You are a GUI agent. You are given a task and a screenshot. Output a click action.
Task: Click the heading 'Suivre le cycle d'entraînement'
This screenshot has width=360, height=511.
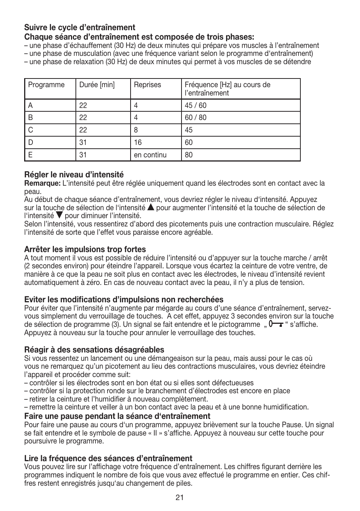pyautogui.click(x=80, y=28)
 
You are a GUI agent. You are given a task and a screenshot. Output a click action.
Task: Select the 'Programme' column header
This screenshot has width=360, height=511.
pyautogui.click(x=46, y=85)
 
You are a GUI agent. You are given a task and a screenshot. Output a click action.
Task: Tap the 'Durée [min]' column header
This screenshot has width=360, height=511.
pyautogui.click(x=97, y=85)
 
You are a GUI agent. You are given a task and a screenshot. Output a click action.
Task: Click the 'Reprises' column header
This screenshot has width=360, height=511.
pyautogui.click(x=147, y=85)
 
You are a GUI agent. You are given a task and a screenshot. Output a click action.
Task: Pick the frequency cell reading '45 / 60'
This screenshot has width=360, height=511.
pyautogui.click(x=195, y=106)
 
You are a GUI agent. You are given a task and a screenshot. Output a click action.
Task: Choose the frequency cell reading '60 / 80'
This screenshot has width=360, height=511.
pyautogui.click(x=195, y=118)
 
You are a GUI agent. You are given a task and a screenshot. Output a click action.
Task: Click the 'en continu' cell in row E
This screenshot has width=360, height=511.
pyautogui.click(x=150, y=155)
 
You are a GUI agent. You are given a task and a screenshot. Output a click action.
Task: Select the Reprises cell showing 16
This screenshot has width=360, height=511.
pyautogui.click(x=138, y=143)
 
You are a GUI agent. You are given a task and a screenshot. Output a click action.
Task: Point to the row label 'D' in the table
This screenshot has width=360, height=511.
pyautogui.click(x=31, y=143)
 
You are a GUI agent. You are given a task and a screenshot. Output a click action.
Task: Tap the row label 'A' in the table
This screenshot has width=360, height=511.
pyautogui.click(x=31, y=106)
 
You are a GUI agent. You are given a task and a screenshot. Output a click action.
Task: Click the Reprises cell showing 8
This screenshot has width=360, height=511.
pyautogui.click(x=136, y=130)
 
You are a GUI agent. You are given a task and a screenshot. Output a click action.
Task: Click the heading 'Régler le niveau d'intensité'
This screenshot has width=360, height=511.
pyautogui.click(x=74, y=175)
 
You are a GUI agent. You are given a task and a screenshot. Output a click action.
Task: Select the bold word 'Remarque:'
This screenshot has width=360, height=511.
pyautogui.click(x=42, y=183)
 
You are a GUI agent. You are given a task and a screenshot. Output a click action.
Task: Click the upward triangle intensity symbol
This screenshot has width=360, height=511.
pyautogui.click(x=151, y=207)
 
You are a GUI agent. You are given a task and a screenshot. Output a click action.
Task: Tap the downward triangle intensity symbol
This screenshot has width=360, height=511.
pyautogui.click(x=59, y=215)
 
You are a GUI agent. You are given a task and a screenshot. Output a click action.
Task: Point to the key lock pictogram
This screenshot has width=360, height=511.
pyautogui.click(x=276, y=324)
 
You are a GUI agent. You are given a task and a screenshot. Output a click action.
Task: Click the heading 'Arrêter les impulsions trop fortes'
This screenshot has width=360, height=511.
pyautogui.click(x=85, y=249)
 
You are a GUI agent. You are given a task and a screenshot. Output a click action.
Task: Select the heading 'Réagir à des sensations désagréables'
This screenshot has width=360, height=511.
pyautogui.click(x=94, y=350)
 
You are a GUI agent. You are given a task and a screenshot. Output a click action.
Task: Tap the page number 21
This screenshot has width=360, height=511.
pyautogui.click(x=180, y=498)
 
